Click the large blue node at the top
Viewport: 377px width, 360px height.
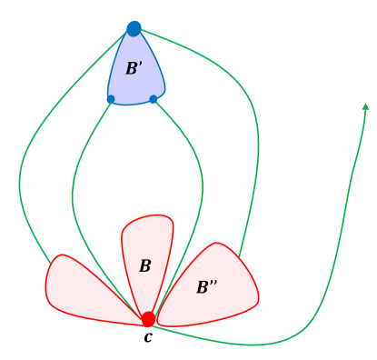coord(134,29)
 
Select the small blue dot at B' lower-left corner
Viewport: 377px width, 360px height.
coord(111,98)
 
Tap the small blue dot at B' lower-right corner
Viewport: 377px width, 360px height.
coord(153,98)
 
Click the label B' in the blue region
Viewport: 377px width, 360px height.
coord(133,68)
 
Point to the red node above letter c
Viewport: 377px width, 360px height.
coord(148,319)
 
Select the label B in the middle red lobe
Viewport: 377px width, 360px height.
coord(144,266)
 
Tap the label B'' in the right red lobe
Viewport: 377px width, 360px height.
coord(208,287)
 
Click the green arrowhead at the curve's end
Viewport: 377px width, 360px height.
coord(365,107)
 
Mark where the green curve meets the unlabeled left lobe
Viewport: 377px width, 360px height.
coord(50,265)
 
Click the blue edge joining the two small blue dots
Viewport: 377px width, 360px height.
coord(132,103)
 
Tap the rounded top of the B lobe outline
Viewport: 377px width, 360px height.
coord(147,216)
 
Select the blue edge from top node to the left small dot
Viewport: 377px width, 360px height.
coord(116,64)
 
